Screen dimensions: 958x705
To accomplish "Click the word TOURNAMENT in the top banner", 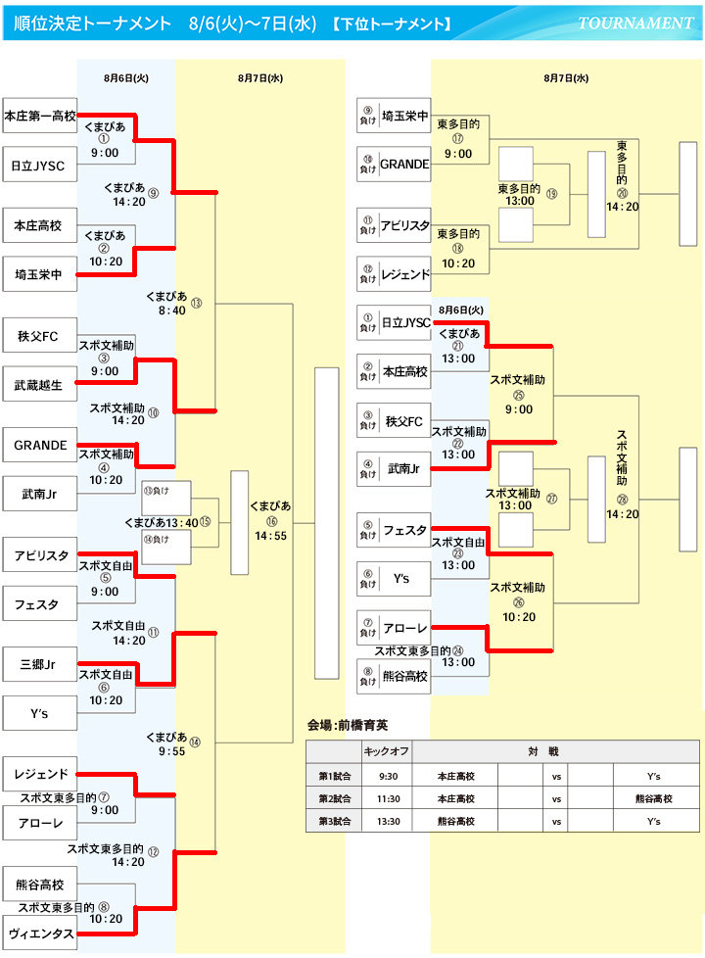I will point(635,23).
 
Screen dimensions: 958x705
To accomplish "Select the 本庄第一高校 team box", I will point(40,116).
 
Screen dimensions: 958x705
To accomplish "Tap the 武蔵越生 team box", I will point(39,385).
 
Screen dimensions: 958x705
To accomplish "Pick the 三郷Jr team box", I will point(39,665).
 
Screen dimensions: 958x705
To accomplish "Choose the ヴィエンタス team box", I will point(40,934).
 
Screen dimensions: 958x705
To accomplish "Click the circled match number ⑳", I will point(622,194).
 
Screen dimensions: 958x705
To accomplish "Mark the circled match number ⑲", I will point(551,194).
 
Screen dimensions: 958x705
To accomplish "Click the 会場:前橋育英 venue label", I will point(348,726).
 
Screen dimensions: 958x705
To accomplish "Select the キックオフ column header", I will point(387,751).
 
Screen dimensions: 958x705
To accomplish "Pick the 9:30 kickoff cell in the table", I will point(387,775).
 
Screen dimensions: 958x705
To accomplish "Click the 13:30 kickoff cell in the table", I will point(387,821).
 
